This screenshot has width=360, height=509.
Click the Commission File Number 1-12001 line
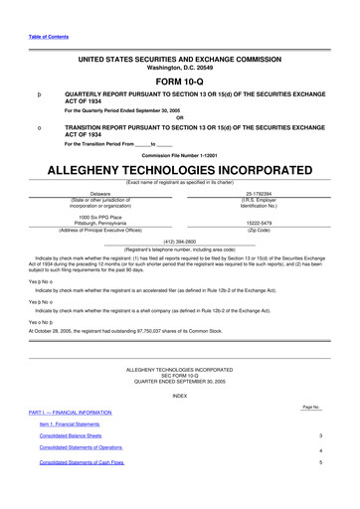pyautogui.click(x=179, y=156)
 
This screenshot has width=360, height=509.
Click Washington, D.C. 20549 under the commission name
pyautogui.click(x=179, y=67)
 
